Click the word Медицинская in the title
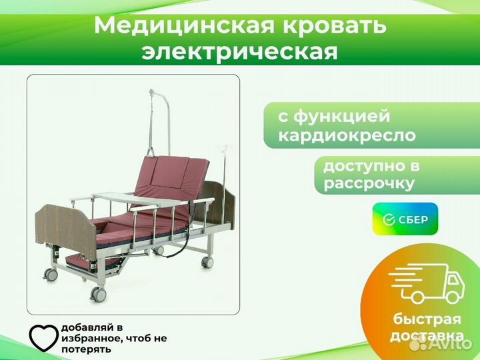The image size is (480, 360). [184, 26]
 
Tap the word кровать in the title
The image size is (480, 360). [334, 26]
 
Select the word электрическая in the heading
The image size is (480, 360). [240, 52]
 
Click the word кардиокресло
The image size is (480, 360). [347, 135]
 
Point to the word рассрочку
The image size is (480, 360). [369, 184]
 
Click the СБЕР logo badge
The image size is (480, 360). [405, 219]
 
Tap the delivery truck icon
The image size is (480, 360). [427, 283]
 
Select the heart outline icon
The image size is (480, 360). [43, 337]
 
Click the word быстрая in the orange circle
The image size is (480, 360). [427, 319]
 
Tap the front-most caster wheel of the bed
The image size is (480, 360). [98, 295]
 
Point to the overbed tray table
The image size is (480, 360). [141, 199]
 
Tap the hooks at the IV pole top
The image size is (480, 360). [225, 149]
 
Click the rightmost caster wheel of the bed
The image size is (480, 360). [207, 263]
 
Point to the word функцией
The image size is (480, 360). [341, 116]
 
